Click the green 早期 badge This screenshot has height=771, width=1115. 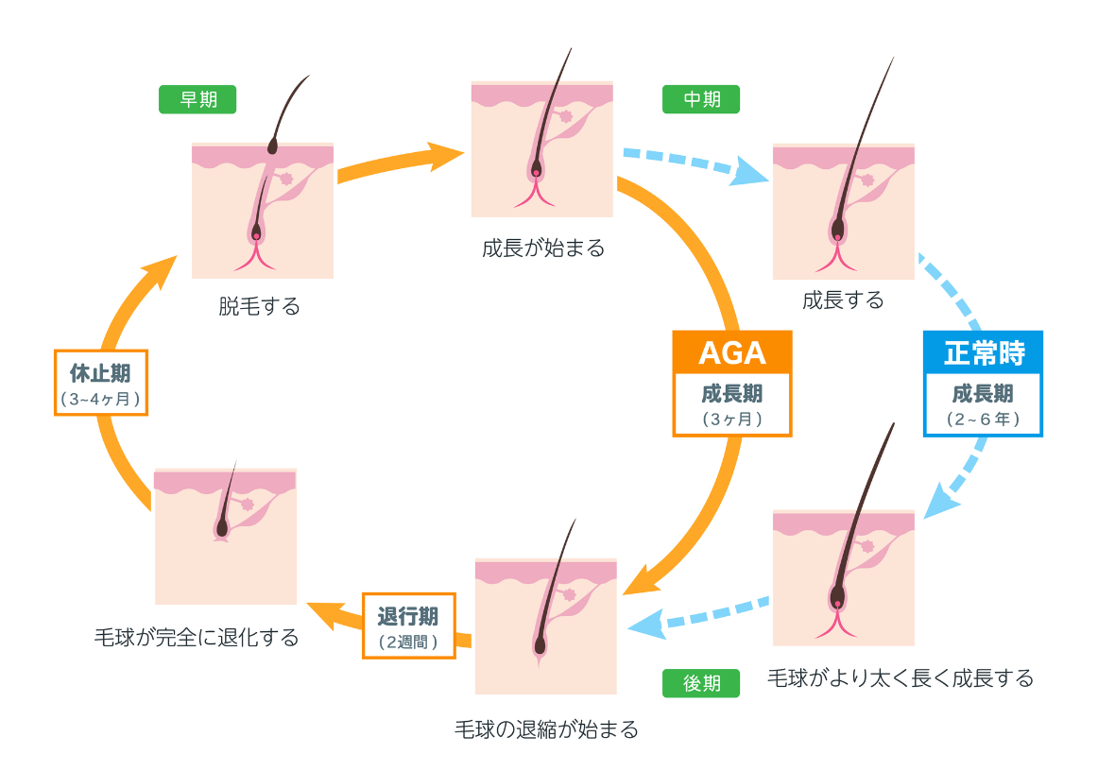click(197, 99)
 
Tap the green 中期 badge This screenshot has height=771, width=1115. click(701, 99)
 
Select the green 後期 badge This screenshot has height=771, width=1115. click(701, 683)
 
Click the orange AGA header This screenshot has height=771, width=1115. click(731, 351)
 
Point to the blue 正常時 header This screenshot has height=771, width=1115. click(983, 351)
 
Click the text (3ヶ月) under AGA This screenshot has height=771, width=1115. click(731, 418)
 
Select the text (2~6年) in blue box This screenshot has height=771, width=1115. click(983, 418)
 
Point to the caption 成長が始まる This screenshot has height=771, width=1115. click(542, 248)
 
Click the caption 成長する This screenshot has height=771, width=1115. click(843, 300)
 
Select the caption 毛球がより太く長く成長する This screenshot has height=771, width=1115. click(900, 677)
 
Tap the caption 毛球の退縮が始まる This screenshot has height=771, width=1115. click(546, 728)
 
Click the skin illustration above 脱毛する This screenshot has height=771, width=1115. click(263, 210)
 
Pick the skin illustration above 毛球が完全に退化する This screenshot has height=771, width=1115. click(225, 536)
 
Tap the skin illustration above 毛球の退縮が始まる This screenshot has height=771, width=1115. click(545, 625)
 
